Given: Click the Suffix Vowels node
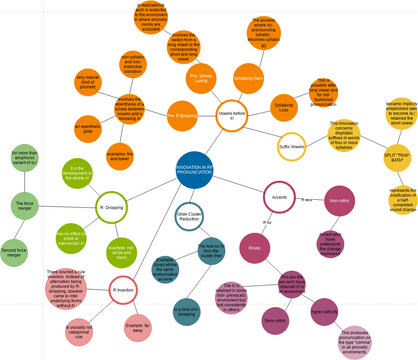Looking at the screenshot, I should pos(297,148).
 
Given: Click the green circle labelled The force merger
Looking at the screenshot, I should pos(26,205).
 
